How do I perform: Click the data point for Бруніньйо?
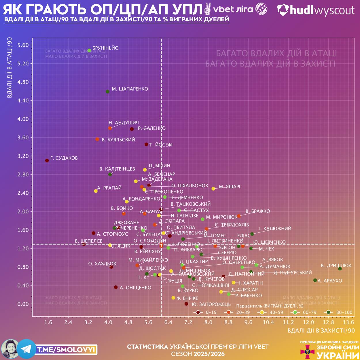(89, 50)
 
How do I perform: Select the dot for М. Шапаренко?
(108, 92)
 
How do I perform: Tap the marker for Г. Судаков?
(47, 160)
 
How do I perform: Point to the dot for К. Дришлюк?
(340, 269)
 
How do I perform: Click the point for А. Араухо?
(315, 280)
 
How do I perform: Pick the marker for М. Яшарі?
(213, 189)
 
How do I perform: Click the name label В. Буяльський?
(118, 140)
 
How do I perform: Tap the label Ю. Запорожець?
(211, 304)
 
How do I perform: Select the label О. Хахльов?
(102, 264)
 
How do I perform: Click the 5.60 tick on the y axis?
(23, 45)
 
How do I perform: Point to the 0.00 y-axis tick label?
(23, 304)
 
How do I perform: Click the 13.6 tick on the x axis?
(348, 322)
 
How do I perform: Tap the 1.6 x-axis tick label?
(48, 322)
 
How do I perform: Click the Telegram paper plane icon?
(26, 349)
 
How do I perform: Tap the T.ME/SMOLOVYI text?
(66, 350)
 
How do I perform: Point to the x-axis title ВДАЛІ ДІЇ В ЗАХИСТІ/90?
(321, 331)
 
